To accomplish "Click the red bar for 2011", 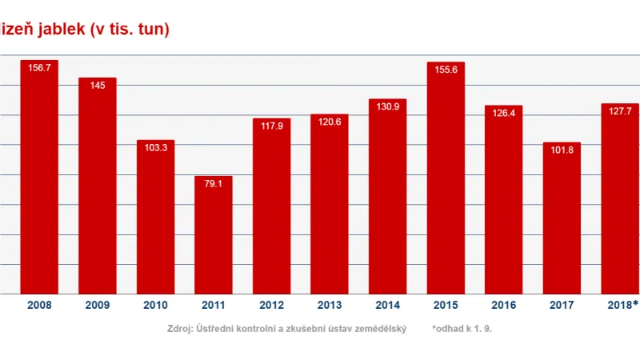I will click(214, 235).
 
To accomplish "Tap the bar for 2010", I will click(155, 218).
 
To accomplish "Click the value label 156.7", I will click(39, 68).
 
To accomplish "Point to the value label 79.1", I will click(214, 184).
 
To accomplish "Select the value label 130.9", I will click(388, 107).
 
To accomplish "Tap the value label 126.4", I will click(503, 114).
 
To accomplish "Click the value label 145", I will click(98, 86).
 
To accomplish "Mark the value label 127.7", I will click(620, 111).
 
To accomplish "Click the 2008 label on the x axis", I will click(39, 306).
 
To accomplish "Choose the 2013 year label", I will click(330, 306).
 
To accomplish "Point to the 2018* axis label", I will click(621, 306).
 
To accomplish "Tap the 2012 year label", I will click(272, 306).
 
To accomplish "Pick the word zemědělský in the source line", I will click(380, 329).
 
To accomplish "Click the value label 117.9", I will click(272, 126).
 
